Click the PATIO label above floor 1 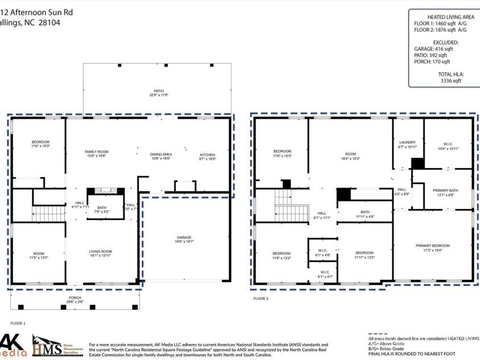(x=158, y=91)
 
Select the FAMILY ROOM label (x=96, y=152)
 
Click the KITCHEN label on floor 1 (x=207, y=155)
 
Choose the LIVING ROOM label (x=100, y=251)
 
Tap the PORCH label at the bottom (x=75, y=298)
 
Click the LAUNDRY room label (x=407, y=142)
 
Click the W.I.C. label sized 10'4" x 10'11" (x=448, y=144)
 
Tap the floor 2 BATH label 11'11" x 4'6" (x=364, y=212)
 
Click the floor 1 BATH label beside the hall (x=101, y=208)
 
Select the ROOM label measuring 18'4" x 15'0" (x=350, y=152)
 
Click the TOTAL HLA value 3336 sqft (x=449, y=81)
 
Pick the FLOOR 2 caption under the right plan (x=260, y=298)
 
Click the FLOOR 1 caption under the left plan (x=18, y=323)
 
